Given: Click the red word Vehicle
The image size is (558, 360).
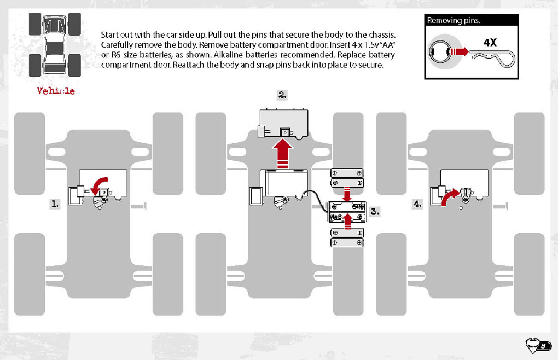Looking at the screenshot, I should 56,91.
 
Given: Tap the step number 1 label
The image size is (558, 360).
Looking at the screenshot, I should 55,204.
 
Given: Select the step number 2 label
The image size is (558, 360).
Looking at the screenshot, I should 282,95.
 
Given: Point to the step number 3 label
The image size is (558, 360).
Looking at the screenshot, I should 375,211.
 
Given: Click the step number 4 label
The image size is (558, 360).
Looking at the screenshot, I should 417,204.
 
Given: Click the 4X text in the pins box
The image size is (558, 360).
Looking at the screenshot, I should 490,42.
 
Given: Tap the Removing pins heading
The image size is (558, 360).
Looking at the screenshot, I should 454,21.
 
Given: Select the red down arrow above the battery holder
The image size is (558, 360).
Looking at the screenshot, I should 346,194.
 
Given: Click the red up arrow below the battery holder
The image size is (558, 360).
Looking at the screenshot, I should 346,222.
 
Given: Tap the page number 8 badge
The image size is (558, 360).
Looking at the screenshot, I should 539,346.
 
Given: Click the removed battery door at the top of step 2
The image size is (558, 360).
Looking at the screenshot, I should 283,124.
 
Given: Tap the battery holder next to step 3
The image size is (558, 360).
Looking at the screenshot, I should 346,211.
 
